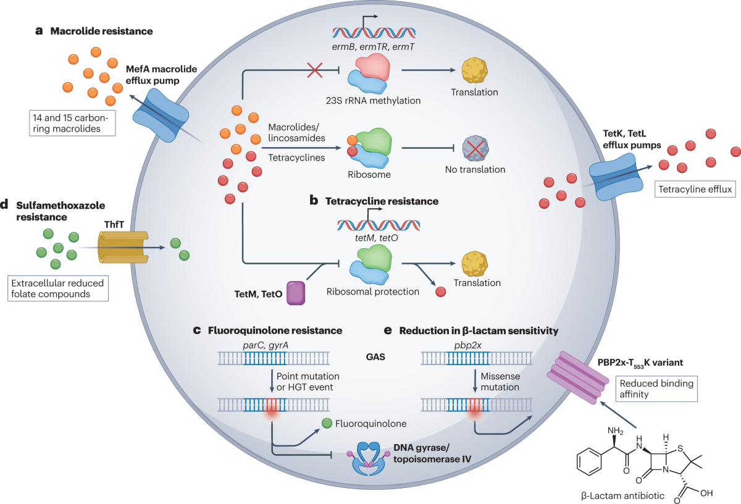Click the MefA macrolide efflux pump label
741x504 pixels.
(161, 75)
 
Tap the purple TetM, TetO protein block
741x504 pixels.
(296, 293)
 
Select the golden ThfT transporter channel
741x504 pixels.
(123, 247)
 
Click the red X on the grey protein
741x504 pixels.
(475, 149)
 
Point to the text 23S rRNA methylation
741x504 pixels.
(373, 101)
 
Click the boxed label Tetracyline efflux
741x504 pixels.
(695, 189)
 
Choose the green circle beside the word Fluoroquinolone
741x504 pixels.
(327, 423)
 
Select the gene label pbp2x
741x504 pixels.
(467, 345)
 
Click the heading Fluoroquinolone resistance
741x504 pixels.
(275, 330)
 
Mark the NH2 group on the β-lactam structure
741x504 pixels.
(615, 430)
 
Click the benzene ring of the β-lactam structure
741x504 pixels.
(589, 461)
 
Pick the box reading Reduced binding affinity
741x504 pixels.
(656, 389)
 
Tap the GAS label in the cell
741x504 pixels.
(375, 357)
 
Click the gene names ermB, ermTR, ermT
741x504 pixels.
(373, 47)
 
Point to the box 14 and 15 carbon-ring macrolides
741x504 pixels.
(72, 123)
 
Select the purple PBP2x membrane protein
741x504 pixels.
(578, 377)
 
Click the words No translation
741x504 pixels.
(475, 169)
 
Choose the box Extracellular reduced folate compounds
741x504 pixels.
(58, 288)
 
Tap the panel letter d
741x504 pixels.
(4, 204)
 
